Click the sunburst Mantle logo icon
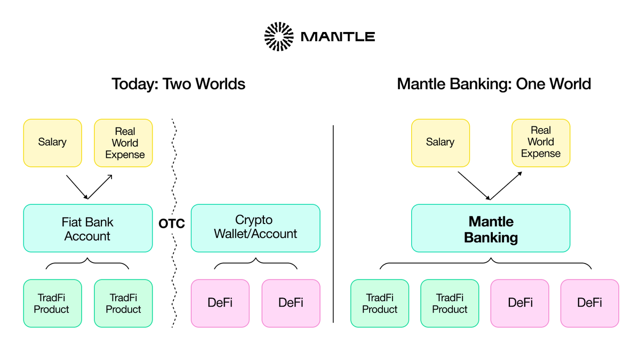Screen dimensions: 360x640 pos(279,37)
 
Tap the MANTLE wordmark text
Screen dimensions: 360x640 pos(338,37)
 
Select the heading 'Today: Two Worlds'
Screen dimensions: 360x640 pos(178,84)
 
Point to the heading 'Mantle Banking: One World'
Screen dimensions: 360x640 pos(494,84)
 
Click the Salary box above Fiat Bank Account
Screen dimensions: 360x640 pos(52,142)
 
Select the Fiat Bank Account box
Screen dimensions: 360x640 pos(87,228)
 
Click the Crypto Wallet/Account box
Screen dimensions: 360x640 pos(255,228)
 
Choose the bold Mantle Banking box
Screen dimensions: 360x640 pos(490,229)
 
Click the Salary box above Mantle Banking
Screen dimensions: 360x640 pos(440,142)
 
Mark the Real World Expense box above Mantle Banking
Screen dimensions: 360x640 pos(540,142)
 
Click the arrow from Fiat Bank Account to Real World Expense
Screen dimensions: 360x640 pos(100,187)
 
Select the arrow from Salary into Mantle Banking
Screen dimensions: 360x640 pos(474,186)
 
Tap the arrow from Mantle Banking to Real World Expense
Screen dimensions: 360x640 pos(506,186)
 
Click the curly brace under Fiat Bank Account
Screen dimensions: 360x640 pos(87,263)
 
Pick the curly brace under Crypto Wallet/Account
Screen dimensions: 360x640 pos(255,263)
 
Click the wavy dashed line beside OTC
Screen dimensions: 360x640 pos(173,160)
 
